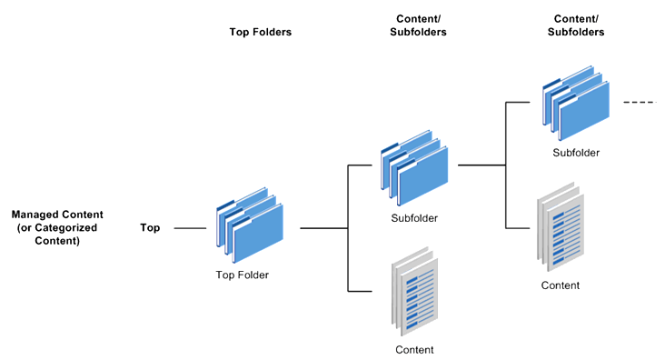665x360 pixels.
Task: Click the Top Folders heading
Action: [x=260, y=32]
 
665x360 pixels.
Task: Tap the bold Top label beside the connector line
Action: [x=150, y=227]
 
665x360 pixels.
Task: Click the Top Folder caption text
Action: [x=242, y=275]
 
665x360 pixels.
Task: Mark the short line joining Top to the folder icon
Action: [x=189, y=228]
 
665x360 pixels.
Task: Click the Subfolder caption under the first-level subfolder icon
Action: [x=414, y=218]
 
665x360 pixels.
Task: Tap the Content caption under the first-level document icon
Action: [x=414, y=349]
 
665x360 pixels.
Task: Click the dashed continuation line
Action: [x=639, y=103]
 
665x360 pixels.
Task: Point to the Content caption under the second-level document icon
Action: [x=560, y=285]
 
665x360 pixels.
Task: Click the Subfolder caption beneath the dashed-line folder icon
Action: [x=576, y=153]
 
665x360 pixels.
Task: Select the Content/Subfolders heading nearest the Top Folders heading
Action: [x=422, y=25]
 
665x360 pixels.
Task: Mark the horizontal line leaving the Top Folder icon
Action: [x=323, y=228]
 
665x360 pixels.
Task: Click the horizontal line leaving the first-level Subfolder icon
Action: [x=481, y=165]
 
